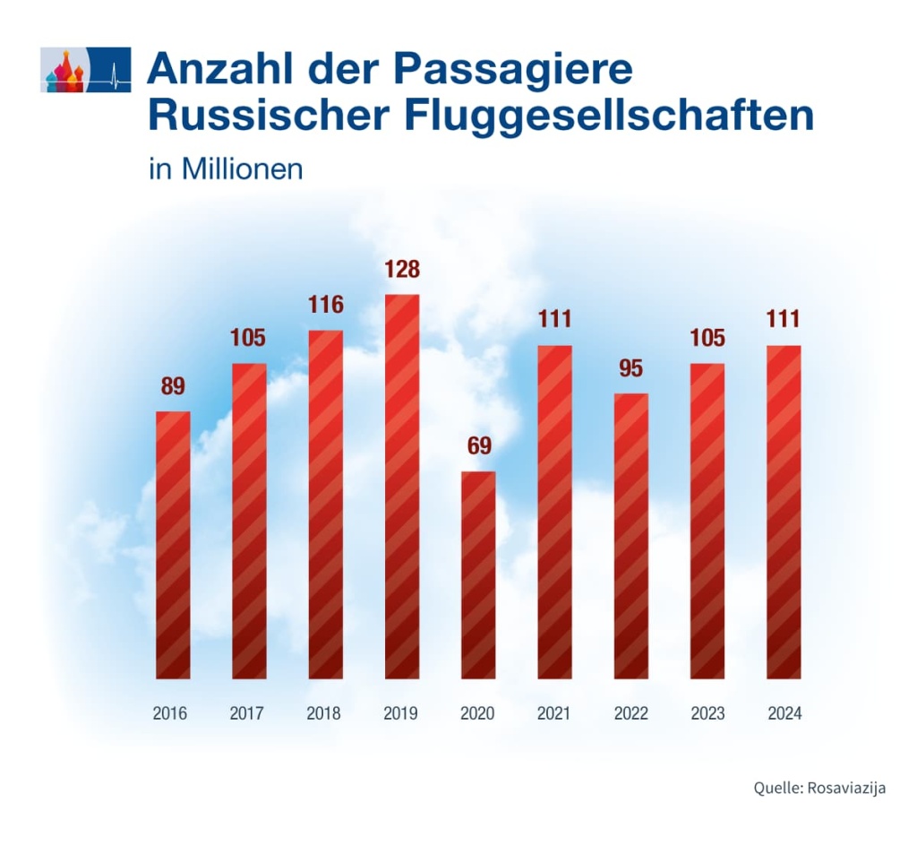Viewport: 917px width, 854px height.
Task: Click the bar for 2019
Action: (x=401, y=486)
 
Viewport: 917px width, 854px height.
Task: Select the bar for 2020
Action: (x=478, y=574)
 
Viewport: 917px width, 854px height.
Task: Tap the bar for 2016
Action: (x=173, y=545)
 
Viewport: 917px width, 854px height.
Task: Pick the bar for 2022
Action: (x=630, y=536)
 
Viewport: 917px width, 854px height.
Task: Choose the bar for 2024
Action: (x=784, y=512)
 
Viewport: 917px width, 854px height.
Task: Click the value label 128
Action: (x=401, y=270)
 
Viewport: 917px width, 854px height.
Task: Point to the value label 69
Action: (x=478, y=446)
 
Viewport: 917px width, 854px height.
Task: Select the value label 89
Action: (x=173, y=387)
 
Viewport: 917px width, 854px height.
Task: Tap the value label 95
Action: (x=630, y=368)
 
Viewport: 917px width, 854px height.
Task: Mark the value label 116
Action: (x=325, y=305)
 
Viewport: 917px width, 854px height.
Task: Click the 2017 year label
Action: (x=248, y=714)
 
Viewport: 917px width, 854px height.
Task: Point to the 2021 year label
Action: (x=554, y=714)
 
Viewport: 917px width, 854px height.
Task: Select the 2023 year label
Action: (x=707, y=714)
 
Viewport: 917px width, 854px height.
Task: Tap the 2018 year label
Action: (x=325, y=714)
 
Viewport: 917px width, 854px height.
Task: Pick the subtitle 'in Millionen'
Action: (x=226, y=169)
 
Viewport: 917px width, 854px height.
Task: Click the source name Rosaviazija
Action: (x=846, y=789)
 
